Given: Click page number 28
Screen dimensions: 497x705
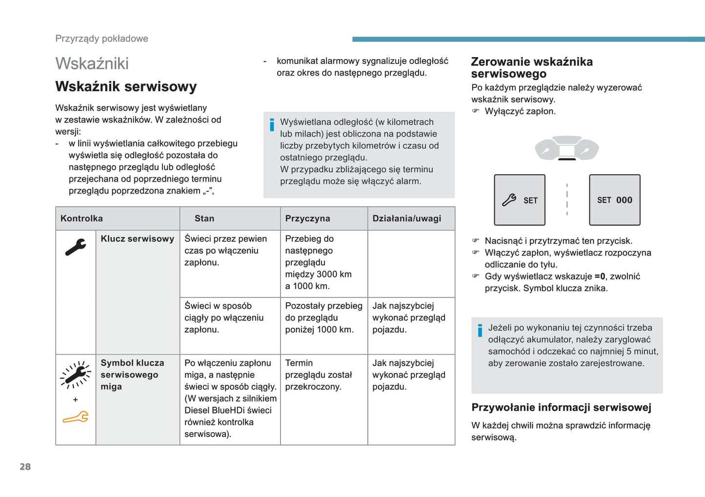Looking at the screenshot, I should (25, 467).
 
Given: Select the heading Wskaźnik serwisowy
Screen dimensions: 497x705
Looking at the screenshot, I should (126, 87).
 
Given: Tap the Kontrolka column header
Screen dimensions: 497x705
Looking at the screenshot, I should (81, 219).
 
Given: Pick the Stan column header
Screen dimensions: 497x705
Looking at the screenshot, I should (204, 219).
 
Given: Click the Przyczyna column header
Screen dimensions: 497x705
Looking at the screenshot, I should (307, 219).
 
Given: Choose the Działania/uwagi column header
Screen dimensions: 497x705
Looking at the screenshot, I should (406, 219).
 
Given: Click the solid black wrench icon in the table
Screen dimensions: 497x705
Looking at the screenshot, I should (76, 247).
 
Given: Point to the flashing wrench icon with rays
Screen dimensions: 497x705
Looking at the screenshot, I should (76, 375).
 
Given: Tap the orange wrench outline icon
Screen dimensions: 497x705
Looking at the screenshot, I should (76, 417).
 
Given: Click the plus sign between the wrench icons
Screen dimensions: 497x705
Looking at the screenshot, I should (76, 399).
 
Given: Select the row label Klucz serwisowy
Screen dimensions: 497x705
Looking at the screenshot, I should (137, 239).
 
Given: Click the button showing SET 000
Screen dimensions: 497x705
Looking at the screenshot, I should (614, 200).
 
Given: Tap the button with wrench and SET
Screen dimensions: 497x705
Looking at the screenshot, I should (520, 200).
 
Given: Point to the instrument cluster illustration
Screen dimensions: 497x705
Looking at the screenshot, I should (566, 148).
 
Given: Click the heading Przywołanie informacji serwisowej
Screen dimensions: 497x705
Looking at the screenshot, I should (561, 407).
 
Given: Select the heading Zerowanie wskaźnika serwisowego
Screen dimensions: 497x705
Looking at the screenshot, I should (531, 68).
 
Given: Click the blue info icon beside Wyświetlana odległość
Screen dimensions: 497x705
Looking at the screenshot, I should (272, 125).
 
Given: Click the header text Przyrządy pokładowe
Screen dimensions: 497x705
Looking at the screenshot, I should (101, 39).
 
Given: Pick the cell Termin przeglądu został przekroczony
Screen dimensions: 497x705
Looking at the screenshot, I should (318, 375).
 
